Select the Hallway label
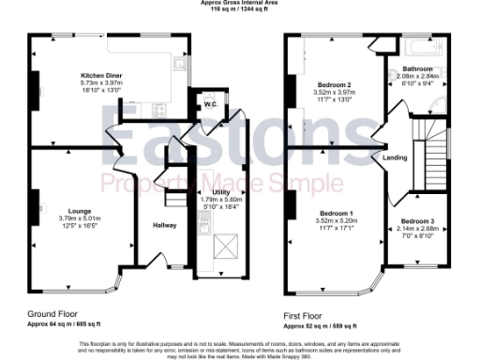point(164,225)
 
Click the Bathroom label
point(417,69)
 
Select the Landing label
point(396,157)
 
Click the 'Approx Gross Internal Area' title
point(239,3)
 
